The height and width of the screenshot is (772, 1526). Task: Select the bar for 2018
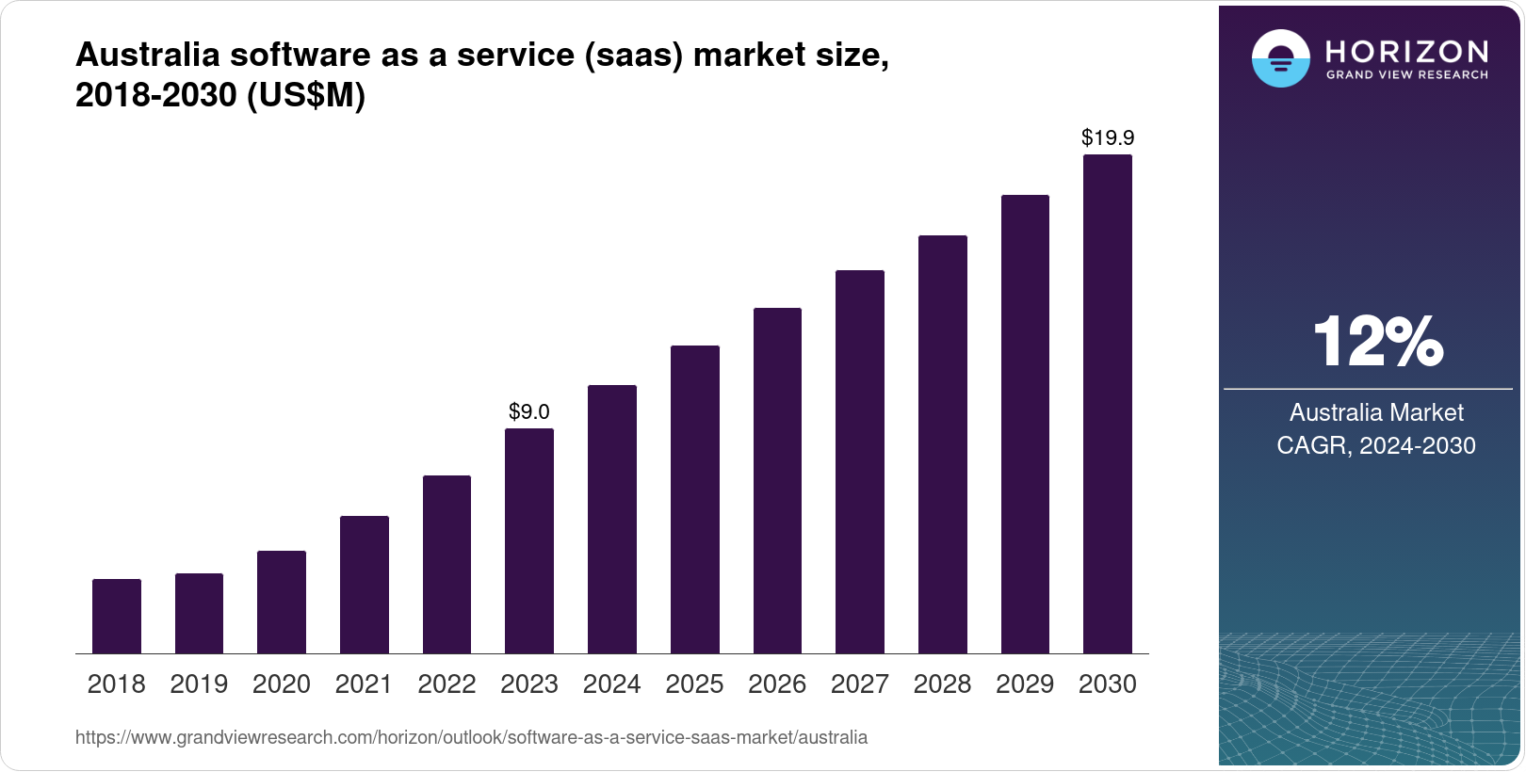click(117, 617)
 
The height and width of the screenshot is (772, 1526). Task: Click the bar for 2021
click(365, 585)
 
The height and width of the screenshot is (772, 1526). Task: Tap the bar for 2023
click(529, 541)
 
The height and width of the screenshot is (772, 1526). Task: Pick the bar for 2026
click(777, 481)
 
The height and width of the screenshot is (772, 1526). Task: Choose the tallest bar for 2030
click(1108, 405)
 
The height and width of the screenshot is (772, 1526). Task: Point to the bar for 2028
click(943, 444)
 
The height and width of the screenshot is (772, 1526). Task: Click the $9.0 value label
click(529, 411)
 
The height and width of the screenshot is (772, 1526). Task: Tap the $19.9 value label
click(1108, 138)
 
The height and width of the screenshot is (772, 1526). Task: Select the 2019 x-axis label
click(199, 684)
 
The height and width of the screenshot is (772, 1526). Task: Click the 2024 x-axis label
click(611, 684)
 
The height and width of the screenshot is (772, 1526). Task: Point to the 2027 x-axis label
click(860, 684)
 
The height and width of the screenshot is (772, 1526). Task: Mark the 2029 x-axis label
click(1025, 684)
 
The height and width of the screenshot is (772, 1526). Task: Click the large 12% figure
click(1377, 342)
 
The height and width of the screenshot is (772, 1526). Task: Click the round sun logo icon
click(1280, 58)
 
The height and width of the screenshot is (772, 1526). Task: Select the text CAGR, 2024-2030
click(1376, 445)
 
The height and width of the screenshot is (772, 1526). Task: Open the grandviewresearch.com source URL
click(471, 737)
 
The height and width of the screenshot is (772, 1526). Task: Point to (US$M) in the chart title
click(305, 95)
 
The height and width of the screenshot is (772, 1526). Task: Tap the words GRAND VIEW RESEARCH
click(1407, 75)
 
